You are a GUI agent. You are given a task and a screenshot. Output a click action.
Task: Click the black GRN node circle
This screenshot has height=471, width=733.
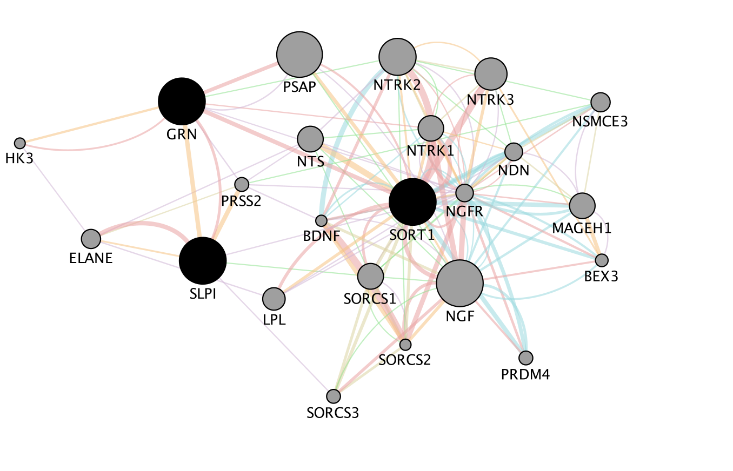point(182,101)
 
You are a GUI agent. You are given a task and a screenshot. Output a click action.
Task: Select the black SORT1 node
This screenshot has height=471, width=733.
point(412,201)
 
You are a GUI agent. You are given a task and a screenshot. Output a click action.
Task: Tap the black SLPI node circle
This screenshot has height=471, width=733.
point(203,260)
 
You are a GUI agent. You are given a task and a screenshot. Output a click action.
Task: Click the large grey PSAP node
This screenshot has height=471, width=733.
point(299,55)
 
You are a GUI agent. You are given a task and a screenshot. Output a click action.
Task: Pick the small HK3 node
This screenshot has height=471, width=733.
point(20,143)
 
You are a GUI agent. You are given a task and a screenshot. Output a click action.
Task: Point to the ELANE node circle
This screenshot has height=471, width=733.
point(91,238)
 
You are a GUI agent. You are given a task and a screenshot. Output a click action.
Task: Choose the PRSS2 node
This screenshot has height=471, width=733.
point(242,184)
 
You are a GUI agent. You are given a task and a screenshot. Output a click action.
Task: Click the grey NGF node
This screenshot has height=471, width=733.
point(459,283)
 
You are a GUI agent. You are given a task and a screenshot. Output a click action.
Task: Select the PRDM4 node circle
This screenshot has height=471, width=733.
point(525,358)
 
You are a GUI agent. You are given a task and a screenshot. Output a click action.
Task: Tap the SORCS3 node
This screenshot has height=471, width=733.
point(334,396)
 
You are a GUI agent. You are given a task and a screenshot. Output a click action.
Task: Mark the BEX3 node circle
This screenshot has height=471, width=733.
point(602,260)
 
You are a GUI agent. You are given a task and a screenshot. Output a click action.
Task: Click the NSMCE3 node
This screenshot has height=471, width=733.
point(600,102)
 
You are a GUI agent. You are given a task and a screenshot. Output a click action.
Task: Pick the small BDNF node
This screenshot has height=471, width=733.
point(322,220)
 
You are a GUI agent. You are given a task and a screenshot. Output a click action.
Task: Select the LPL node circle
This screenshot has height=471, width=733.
point(274,299)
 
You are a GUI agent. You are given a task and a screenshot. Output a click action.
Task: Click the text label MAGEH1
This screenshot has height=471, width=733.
point(582,228)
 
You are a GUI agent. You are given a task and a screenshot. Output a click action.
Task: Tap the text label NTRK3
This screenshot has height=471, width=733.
point(490,99)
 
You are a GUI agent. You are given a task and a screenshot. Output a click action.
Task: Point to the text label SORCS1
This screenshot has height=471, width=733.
point(370,299)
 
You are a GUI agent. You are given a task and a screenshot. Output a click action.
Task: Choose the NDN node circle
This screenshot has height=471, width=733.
point(514,152)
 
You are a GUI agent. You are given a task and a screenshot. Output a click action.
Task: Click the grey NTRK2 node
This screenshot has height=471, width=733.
point(398,57)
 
